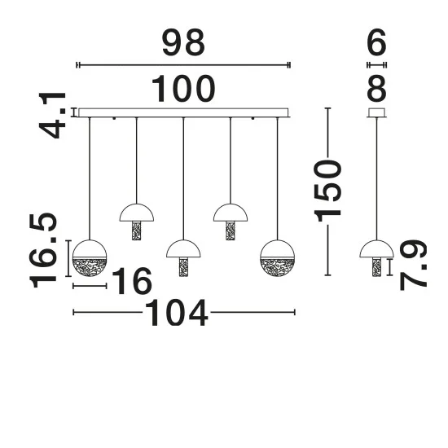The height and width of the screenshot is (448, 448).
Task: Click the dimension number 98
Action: pos(183,43)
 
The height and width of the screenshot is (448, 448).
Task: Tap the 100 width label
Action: pos(183,89)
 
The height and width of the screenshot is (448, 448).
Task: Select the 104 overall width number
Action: pos(177,313)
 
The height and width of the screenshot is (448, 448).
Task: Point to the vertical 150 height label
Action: pos(327,191)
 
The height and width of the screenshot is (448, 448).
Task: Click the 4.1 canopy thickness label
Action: pos(53,115)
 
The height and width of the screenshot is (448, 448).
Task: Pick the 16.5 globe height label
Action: pos(43,250)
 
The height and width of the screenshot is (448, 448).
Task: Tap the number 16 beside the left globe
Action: pos(132,281)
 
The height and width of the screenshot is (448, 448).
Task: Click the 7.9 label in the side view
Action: pos(414,266)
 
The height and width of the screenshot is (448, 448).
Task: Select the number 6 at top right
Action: pos(376,43)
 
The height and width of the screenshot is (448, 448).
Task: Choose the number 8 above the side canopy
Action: pos(376,89)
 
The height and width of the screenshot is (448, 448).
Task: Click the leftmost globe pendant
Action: pos(90,258)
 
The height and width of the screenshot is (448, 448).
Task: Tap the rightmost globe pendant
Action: pos(277,258)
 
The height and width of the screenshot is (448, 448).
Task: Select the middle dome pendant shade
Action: pos(183,248)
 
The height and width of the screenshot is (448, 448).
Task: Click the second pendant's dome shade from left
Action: pos(137,213)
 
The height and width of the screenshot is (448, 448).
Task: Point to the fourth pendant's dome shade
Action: pos(231,213)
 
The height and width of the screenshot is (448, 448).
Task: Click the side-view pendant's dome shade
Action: pos(376,248)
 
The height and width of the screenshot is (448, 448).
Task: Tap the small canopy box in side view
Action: pos(376,112)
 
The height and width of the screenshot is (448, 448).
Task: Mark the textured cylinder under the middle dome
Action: pos(183,267)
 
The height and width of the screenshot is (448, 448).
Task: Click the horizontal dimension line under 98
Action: pos(183,65)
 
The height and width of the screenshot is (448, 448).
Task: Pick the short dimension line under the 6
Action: pos(376,65)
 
